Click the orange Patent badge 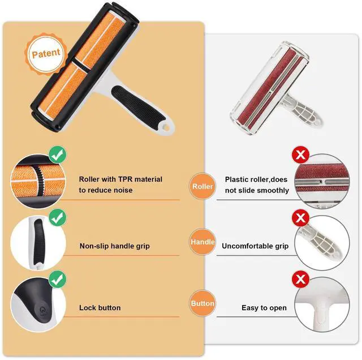click(x=46, y=55)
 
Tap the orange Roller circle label click(x=202, y=186)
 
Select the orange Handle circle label click(x=202, y=242)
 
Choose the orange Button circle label click(x=202, y=303)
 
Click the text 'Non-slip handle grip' click(x=114, y=246)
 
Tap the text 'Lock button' click(x=100, y=308)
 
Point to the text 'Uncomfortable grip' click(x=255, y=246)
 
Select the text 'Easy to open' click(x=264, y=308)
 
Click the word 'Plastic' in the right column click(x=238, y=179)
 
